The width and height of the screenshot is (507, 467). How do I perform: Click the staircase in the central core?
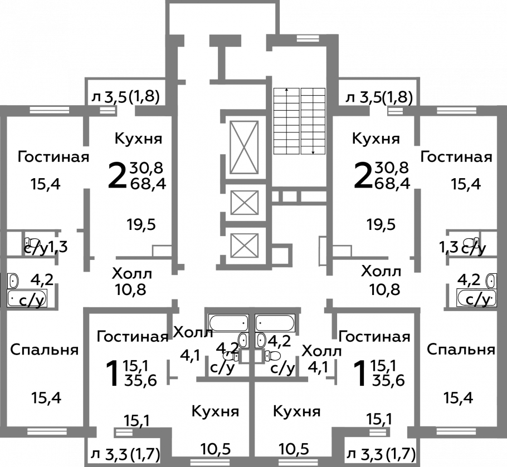[299, 120]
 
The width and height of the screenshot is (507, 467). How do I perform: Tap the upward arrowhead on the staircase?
[286, 90]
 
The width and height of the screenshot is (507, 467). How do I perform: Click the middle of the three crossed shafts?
[245, 201]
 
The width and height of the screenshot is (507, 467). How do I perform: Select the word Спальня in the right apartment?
[461, 350]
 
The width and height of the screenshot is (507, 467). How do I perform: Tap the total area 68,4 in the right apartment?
[392, 182]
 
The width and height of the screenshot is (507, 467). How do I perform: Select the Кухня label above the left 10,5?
[216, 412]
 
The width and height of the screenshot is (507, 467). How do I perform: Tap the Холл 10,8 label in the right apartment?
[382, 281]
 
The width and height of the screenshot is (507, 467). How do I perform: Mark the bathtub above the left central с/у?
[227, 322]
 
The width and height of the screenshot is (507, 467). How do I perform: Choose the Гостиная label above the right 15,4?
[456, 157]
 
